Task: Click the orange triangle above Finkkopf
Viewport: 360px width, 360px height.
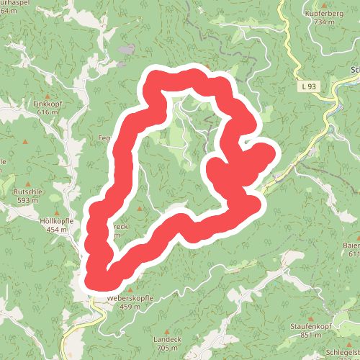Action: [48, 96]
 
